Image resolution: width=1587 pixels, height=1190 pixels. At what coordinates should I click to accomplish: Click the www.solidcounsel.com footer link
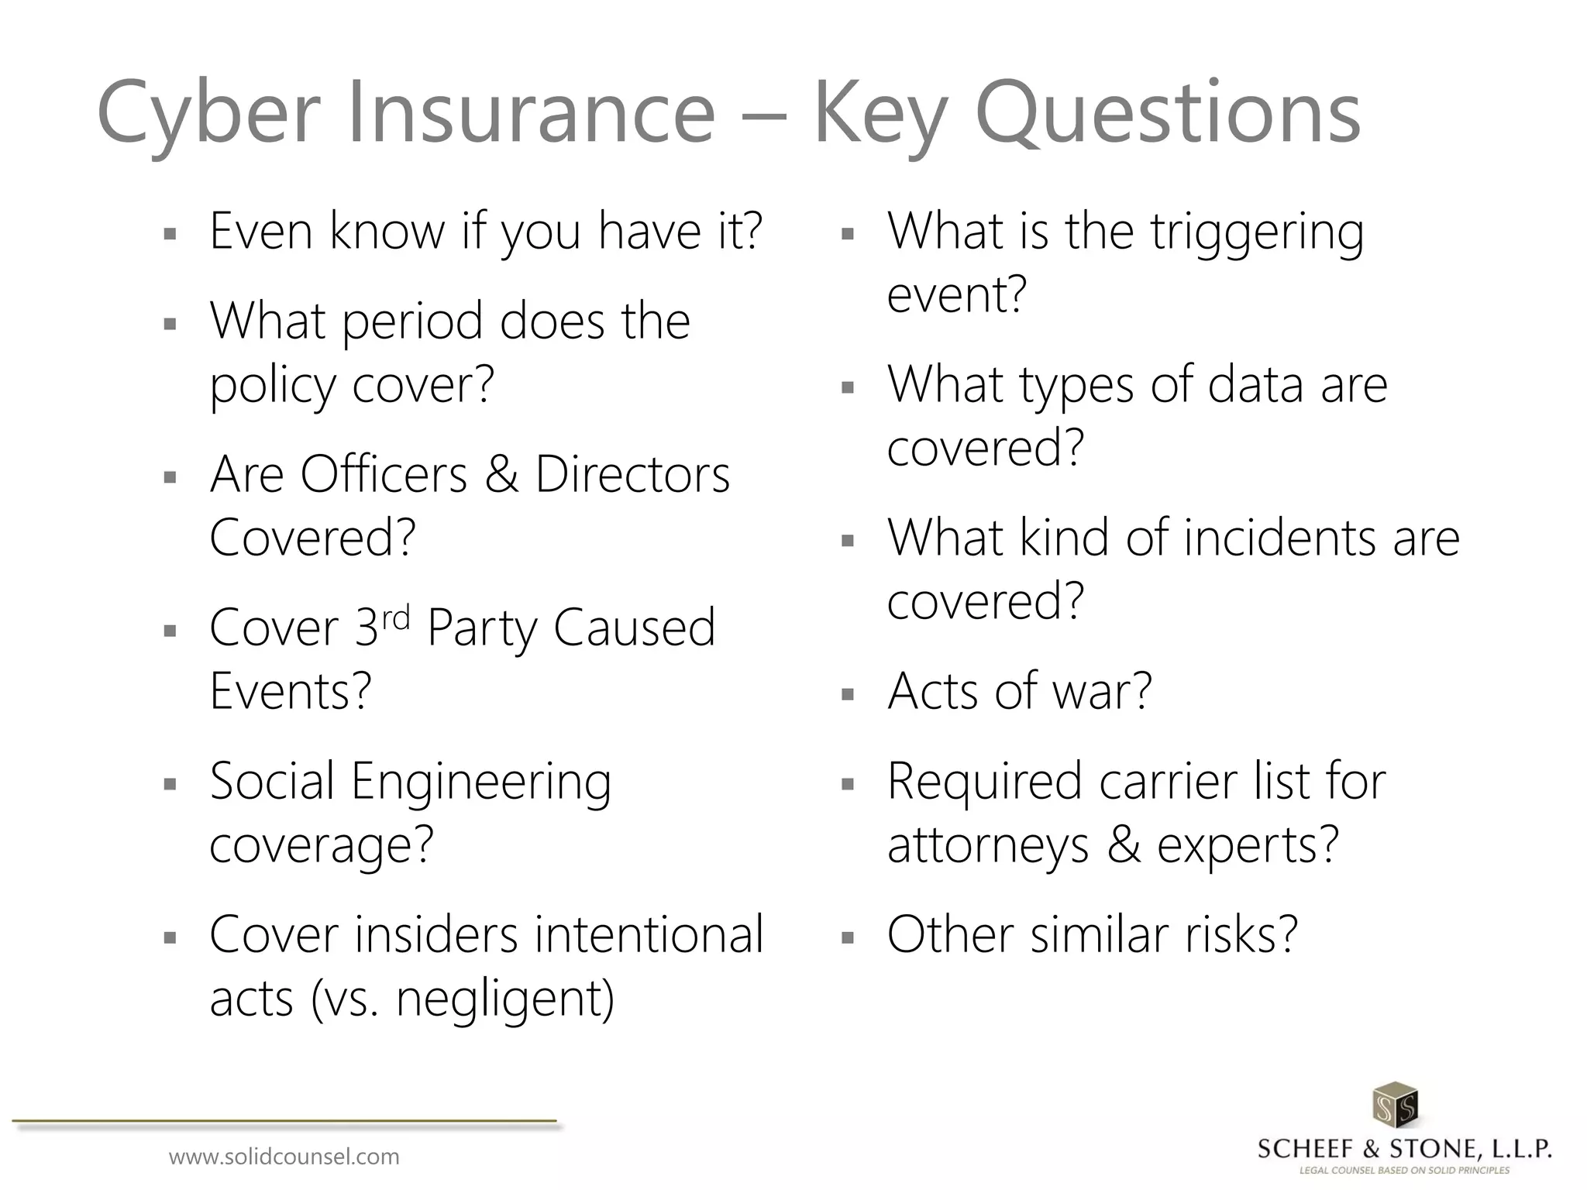tap(284, 1157)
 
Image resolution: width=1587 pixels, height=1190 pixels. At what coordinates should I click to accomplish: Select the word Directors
tap(632, 473)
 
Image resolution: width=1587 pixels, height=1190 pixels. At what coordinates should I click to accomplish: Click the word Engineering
tap(481, 782)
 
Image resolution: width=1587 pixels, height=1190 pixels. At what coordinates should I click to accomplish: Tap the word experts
tap(1248, 845)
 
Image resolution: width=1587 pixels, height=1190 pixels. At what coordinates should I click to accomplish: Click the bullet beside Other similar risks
tap(847, 938)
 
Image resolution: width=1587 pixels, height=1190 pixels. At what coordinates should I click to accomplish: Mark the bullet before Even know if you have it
tap(170, 233)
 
